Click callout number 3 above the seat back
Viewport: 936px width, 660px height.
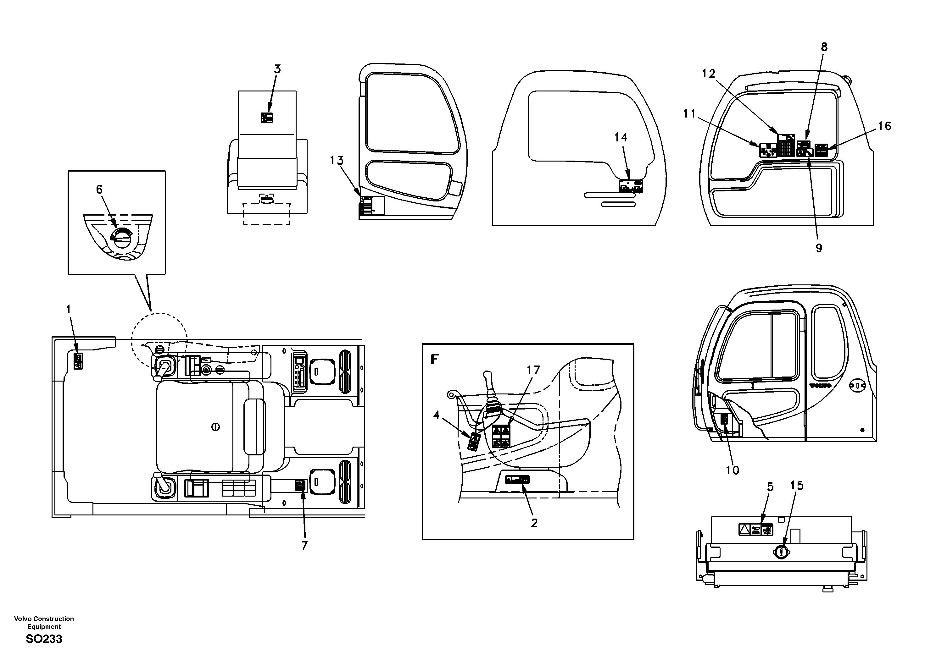tap(277, 69)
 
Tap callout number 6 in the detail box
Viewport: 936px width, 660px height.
tap(99, 190)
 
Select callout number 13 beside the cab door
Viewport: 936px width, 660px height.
tap(337, 161)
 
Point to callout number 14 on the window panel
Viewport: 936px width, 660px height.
tap(621, 138)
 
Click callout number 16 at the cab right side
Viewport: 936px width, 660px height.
tap(884, 126)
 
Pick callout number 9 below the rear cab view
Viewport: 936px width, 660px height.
tap(819, 248)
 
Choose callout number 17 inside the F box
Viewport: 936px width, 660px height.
tap(533, 370)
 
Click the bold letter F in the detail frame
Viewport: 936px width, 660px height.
tap(435, 359)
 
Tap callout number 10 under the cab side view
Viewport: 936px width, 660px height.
tap(732, 470)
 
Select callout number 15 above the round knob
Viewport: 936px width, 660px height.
tap(797, 486)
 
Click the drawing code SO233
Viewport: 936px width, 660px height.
tap(44, 639)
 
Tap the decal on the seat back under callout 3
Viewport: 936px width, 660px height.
tap(267, 118)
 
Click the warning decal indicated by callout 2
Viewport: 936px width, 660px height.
tap(517, 480)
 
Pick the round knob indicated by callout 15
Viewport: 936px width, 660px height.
tap(780, 553)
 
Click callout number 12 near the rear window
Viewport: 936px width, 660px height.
tap(709, 74)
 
